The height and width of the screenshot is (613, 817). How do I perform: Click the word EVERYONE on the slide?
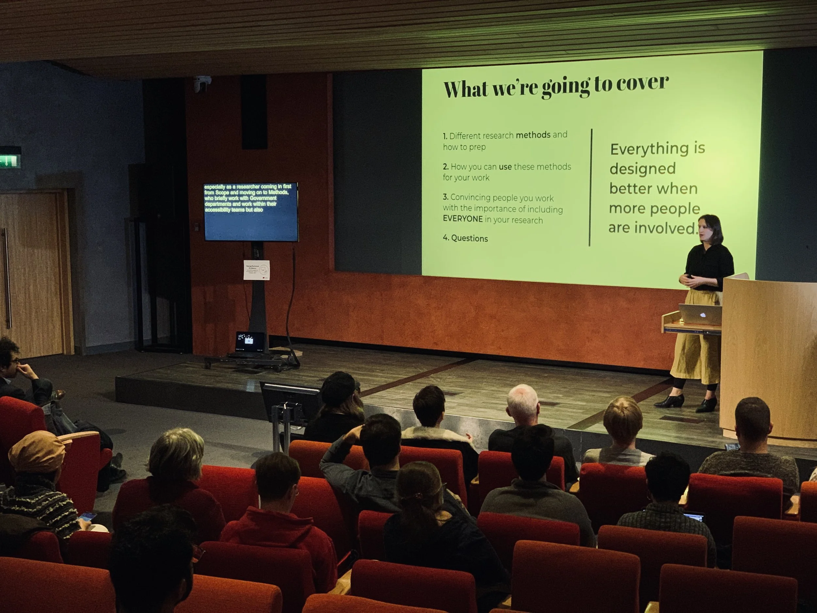[463, 219]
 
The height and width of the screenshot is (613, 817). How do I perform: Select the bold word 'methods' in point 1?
[533, 135]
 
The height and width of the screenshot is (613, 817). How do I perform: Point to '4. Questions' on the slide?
[465, 238]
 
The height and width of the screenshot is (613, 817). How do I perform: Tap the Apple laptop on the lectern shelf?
[700, 315]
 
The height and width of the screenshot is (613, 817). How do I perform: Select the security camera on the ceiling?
[202, 84]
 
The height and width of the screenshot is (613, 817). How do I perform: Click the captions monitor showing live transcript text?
[251, 212]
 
